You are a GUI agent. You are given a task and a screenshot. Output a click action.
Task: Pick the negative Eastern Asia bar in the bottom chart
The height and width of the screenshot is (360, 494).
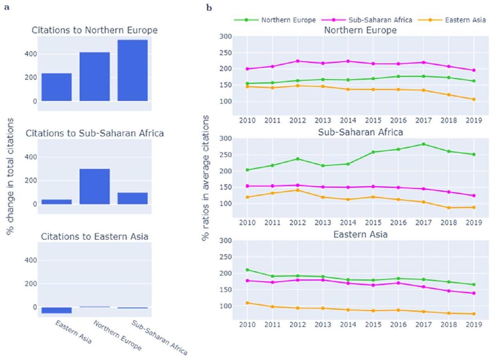tap(57, 310)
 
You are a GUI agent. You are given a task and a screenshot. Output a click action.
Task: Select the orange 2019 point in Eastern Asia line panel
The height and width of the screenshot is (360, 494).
tap(474, 314)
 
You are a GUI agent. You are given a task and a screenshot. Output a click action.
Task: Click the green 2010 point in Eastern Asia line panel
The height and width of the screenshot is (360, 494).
tap(247, 270)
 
